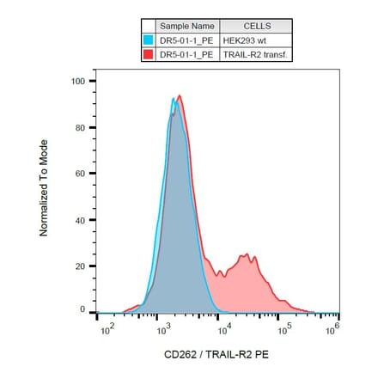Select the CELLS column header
tap(256, 27)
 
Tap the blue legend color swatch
tap(149, 40)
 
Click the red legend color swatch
tap(149, 54)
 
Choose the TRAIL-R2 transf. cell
tap(256, 54)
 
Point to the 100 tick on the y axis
tap(77, 82)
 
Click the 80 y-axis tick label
tap(79, 128)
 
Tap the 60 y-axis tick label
tap(79, 174)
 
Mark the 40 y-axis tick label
tap(79, 221)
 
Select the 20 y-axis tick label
tap(79, 266)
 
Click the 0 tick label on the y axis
tap(82, 309)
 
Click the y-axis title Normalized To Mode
tap(44, 187)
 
